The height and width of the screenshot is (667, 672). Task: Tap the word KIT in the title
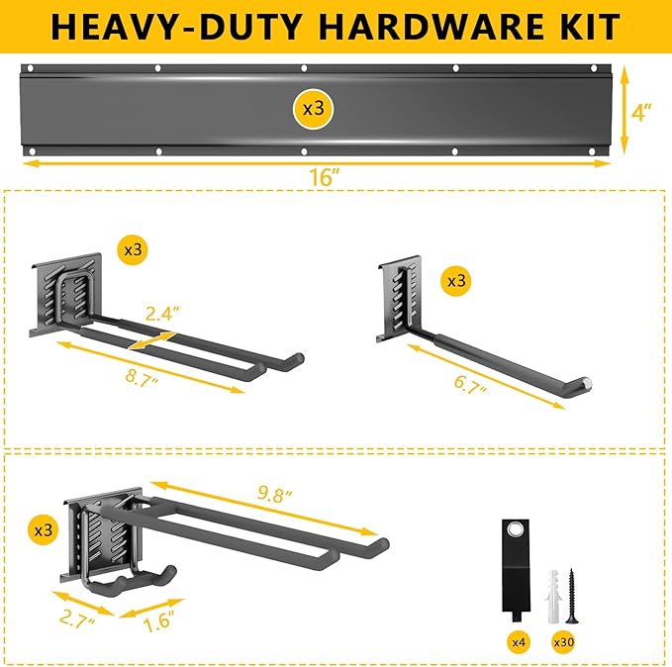point(583,26)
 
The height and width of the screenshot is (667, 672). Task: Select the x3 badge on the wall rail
point(313,109)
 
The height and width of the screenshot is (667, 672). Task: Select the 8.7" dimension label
point(136,378)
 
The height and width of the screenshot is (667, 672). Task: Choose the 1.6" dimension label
point(154,622)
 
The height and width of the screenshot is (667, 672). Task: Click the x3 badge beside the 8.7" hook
point(133,250)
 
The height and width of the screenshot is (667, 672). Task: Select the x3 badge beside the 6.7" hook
point(456,281)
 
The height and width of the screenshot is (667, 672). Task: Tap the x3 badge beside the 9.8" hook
point(43,530)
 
